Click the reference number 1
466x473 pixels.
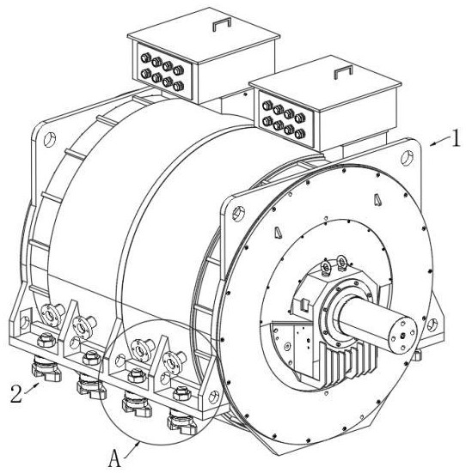pos(456,138)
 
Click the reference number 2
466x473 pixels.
pos(16,394)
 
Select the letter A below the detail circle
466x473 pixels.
pos(114,458)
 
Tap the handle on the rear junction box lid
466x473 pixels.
pos(222,24)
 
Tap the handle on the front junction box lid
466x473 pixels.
pos(343,72)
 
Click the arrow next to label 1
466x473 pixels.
pos(439,142)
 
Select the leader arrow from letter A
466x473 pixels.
pos(132,450)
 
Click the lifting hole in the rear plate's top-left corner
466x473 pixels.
pos(50,139)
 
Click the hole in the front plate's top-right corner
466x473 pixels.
pos(407,158)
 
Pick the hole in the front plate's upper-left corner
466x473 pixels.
pos(238,213)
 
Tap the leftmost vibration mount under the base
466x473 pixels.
pos(46,368)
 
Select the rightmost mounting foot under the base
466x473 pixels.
pos(182,421)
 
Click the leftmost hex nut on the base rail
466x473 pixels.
pos(46,340)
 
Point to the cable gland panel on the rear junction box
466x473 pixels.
pos(165,71)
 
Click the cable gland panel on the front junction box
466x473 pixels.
pos(286,119)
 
